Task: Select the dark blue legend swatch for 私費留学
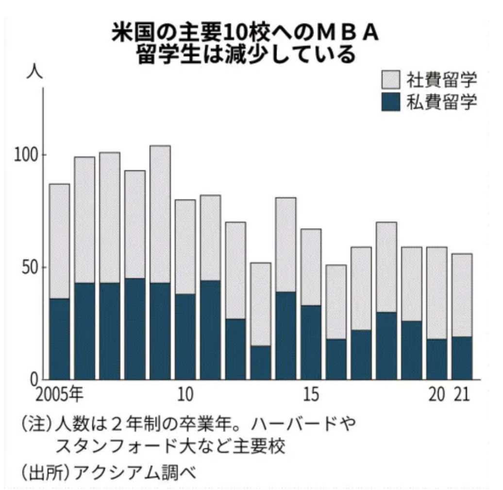[391, 102]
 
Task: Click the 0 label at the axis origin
[34, 380]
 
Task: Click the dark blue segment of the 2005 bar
[59, 339]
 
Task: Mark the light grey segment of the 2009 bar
[160, 214]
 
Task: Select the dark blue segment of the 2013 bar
[260, 362]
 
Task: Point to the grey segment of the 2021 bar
[462, 295]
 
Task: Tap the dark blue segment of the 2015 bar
[311, 342]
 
